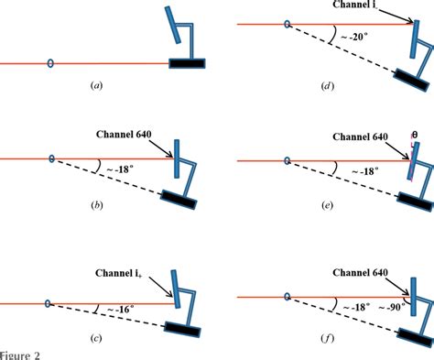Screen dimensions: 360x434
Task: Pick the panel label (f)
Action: (327, 347)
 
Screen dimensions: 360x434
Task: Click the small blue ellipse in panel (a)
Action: (50, 63)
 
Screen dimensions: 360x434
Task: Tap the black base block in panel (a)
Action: (187, 63)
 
